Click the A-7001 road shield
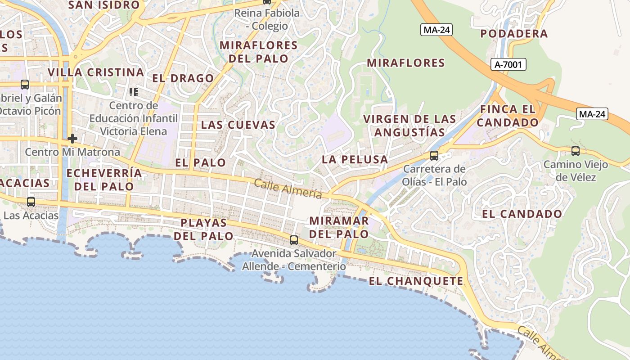pos(508,64)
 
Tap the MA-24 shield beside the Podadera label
pos(436,30)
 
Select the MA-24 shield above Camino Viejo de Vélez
pos(592,114)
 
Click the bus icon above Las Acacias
pos(31,202)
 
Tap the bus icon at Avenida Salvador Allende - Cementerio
pos(294,240)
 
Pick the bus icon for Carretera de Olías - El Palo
pos(434,156)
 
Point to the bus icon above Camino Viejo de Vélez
pos(576,151)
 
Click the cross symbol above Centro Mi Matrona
pos(72,138)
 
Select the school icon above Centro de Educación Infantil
pos(134,92)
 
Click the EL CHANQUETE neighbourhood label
pos(416,281)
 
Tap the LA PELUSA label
pos(355,159)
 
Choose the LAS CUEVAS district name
pos(238,125)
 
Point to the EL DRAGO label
pos(183,78)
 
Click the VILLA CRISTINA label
pos(96,72)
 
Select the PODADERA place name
pos(514,34)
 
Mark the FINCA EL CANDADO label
pos(508,116)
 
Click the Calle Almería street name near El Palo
pos(288,189)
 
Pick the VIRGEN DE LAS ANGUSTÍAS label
pos(409,126)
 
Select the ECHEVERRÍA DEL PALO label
pos(104,180)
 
